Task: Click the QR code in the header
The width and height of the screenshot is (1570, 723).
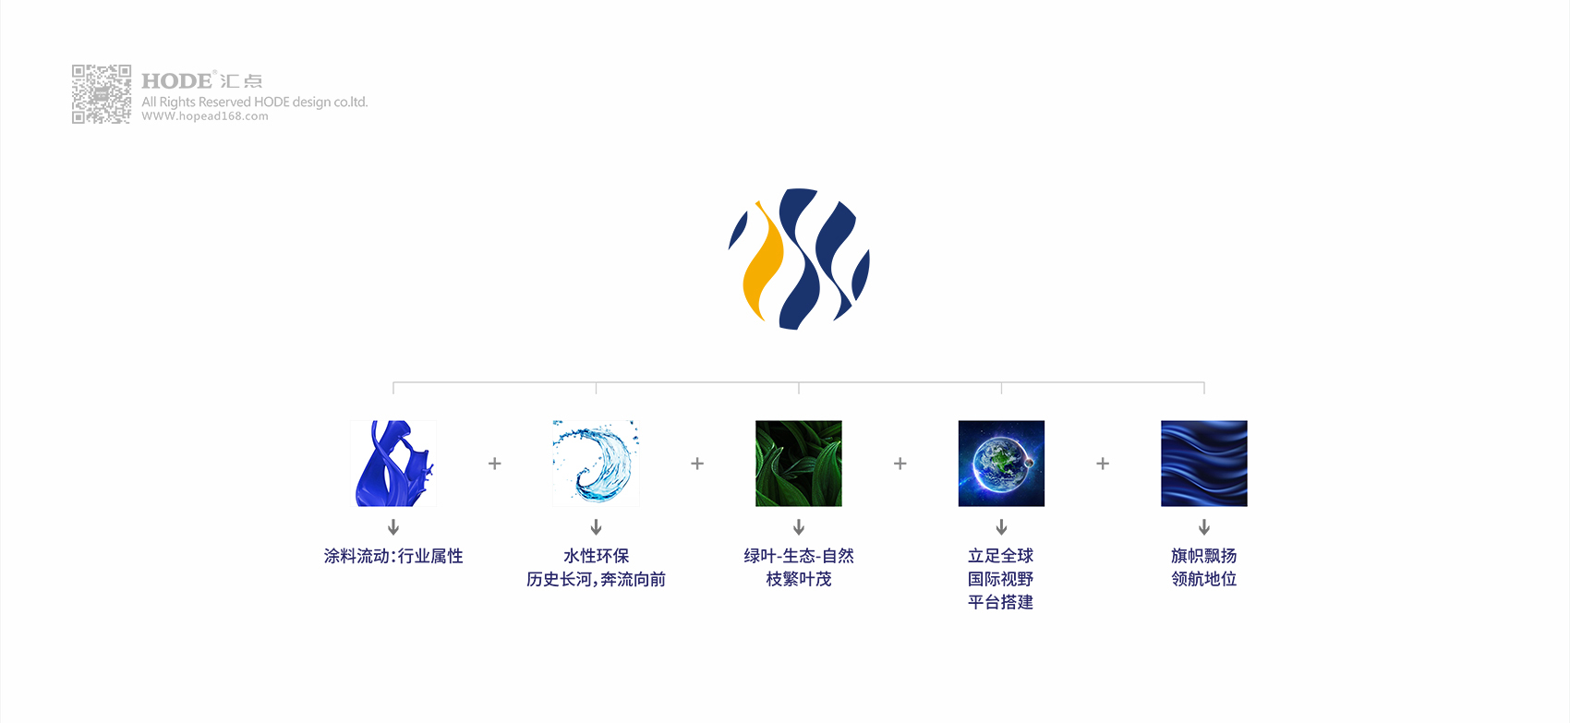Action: pos(102,94)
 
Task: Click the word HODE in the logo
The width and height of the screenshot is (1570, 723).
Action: pos(176,81)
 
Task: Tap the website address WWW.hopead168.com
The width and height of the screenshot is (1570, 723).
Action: pos(205,116)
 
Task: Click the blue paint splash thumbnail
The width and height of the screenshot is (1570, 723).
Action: pos(393,464)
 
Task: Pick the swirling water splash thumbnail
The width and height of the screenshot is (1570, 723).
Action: pos(596,464)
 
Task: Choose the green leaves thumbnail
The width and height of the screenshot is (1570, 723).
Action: pos(798,464)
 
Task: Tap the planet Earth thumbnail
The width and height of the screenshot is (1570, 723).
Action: pos(1001,464)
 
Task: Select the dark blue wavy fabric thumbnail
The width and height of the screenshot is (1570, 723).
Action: pos(1204,464)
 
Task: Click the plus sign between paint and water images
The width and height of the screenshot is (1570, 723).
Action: pos(495,464)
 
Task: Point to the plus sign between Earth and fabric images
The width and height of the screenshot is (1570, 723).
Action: pos(1103,464)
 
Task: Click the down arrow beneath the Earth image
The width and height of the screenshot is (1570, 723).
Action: pos(1001,527)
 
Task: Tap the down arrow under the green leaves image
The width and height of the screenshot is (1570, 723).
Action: pos(798,527)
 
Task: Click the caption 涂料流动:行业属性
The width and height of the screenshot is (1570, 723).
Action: pos(393,556)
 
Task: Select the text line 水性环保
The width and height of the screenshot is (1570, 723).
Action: pos(596,556)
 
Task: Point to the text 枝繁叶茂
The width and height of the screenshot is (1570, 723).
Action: pos(798,579)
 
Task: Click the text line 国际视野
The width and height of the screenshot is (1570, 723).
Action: pos(1001,579)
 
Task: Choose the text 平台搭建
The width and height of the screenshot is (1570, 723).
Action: pos(1001,602)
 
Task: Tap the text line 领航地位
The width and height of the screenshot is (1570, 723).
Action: pos(1204,579)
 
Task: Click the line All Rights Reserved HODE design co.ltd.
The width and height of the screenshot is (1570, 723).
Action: pos(254,102)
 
